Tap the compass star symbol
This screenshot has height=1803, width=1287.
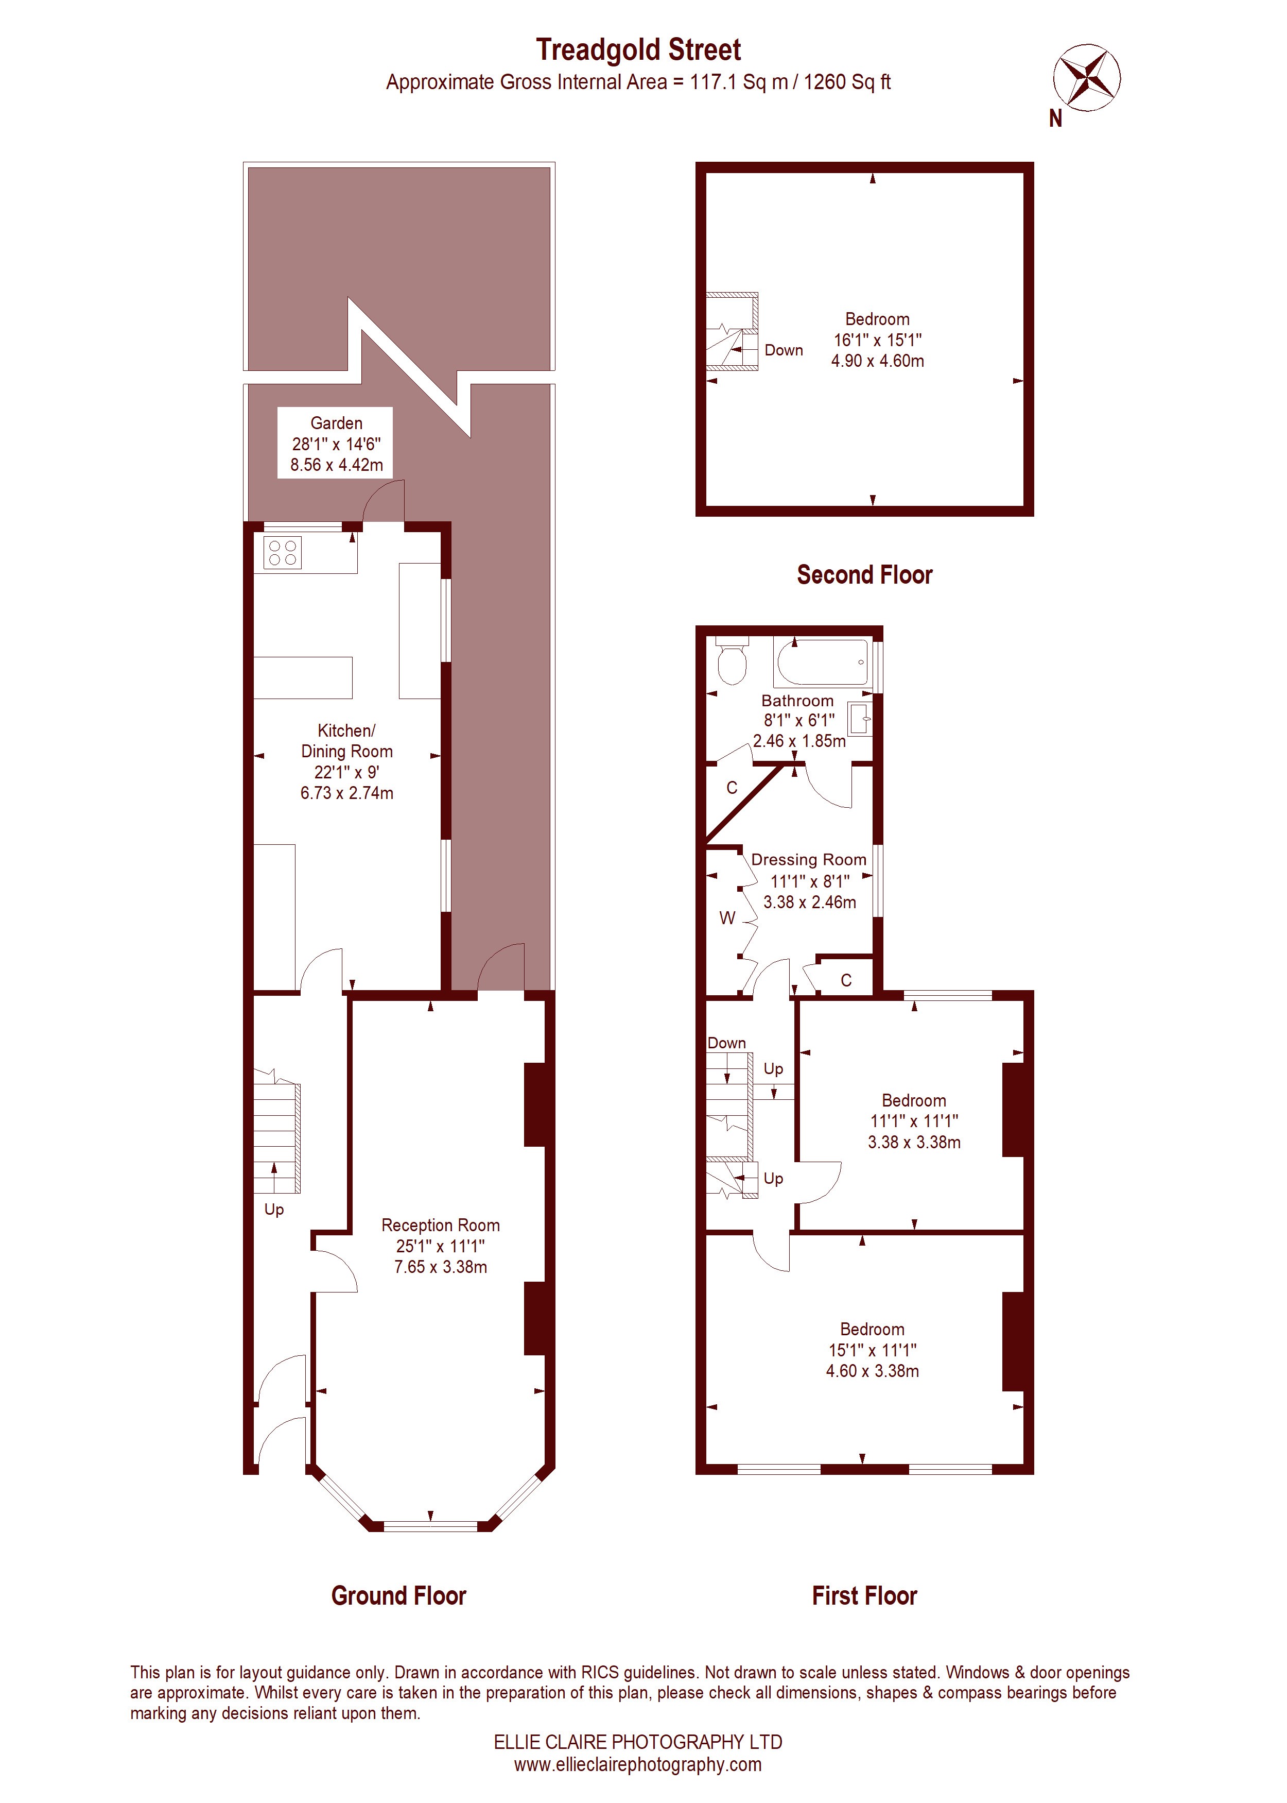click(x=1087, y=77)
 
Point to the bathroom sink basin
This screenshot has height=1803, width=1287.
click(x=860, y=719)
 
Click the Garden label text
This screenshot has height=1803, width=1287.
click(x=336, y=423)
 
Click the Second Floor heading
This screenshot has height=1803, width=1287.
click(x=864, y=575)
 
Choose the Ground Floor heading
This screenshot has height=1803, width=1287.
click(x=398, y=1595)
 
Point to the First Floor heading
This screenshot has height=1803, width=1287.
click(x=864, y=1595)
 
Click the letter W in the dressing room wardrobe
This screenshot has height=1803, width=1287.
click(x=727, y=918)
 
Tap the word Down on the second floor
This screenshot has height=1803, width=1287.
click(x=784, y=350)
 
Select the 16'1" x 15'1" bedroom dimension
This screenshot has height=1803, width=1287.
click(x=877, y=340)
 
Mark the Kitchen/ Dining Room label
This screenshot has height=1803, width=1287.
click(x=347, y=741)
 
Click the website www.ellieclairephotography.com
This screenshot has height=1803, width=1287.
click(x=638, y=1764)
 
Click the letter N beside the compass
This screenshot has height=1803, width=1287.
click(x=1055, y=119)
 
